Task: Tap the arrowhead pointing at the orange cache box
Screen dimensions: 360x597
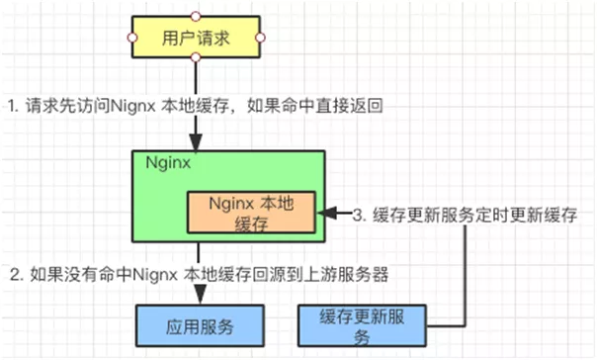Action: click(x=331, y=213)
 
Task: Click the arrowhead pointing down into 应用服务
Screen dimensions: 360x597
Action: click(x=199, y=296)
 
